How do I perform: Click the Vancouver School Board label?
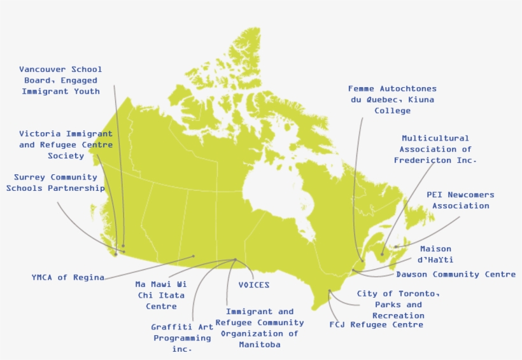[x=60, y=80]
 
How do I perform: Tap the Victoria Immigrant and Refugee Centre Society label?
[x=66, y=144]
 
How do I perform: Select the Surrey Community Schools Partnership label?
[x=55, y=183]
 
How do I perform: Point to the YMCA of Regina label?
[x=67, y=277]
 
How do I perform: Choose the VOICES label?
[x=253, y=285]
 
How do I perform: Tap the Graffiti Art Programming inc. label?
[x=182, y=338]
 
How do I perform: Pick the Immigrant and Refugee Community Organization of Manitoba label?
[x=259, y=328]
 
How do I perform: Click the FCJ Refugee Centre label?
[x=376, y=325]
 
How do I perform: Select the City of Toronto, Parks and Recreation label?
[x=398, y=304]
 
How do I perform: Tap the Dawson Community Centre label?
[x=456, y=274]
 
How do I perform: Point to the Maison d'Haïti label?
[x=435, y=254]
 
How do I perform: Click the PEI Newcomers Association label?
[x=460, y=200]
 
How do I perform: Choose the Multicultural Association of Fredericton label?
[x=435, y=149]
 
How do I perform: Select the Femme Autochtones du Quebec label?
[x=392, y=99]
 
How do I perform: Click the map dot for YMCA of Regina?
[x=194, y=256]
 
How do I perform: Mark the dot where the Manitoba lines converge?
[x=235, y=259]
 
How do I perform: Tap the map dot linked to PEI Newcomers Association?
[x=395, y=247]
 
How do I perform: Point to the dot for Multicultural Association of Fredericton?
[x=382, y=254]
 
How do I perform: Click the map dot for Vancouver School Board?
[x=123, y=246]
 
